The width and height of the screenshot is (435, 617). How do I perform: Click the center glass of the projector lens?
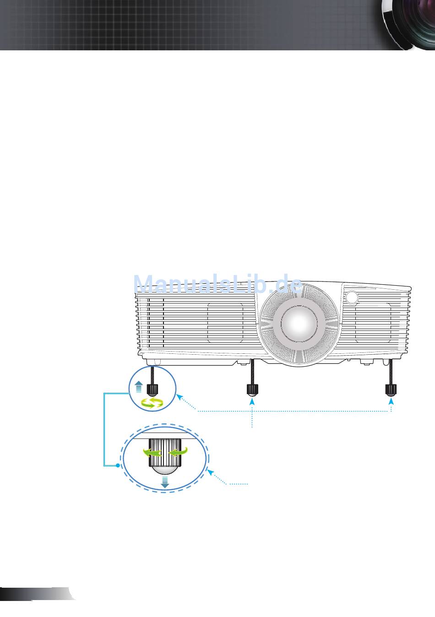[298, 321]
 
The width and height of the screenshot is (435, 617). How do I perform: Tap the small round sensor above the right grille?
[352, 297]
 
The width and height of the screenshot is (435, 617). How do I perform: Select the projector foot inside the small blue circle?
[152, 390]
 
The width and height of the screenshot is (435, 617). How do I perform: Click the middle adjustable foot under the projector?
[252, 390]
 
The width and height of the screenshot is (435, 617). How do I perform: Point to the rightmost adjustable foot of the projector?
[391, 390]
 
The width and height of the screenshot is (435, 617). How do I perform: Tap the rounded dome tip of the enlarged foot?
[165, 471]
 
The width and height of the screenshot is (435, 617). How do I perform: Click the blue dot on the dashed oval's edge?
[118, 465]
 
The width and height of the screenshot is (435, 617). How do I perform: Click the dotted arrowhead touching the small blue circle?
[179, 396]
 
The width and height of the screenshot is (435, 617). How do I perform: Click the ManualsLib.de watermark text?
[218, 285]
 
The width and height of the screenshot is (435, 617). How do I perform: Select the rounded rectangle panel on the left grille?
[225, 323]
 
